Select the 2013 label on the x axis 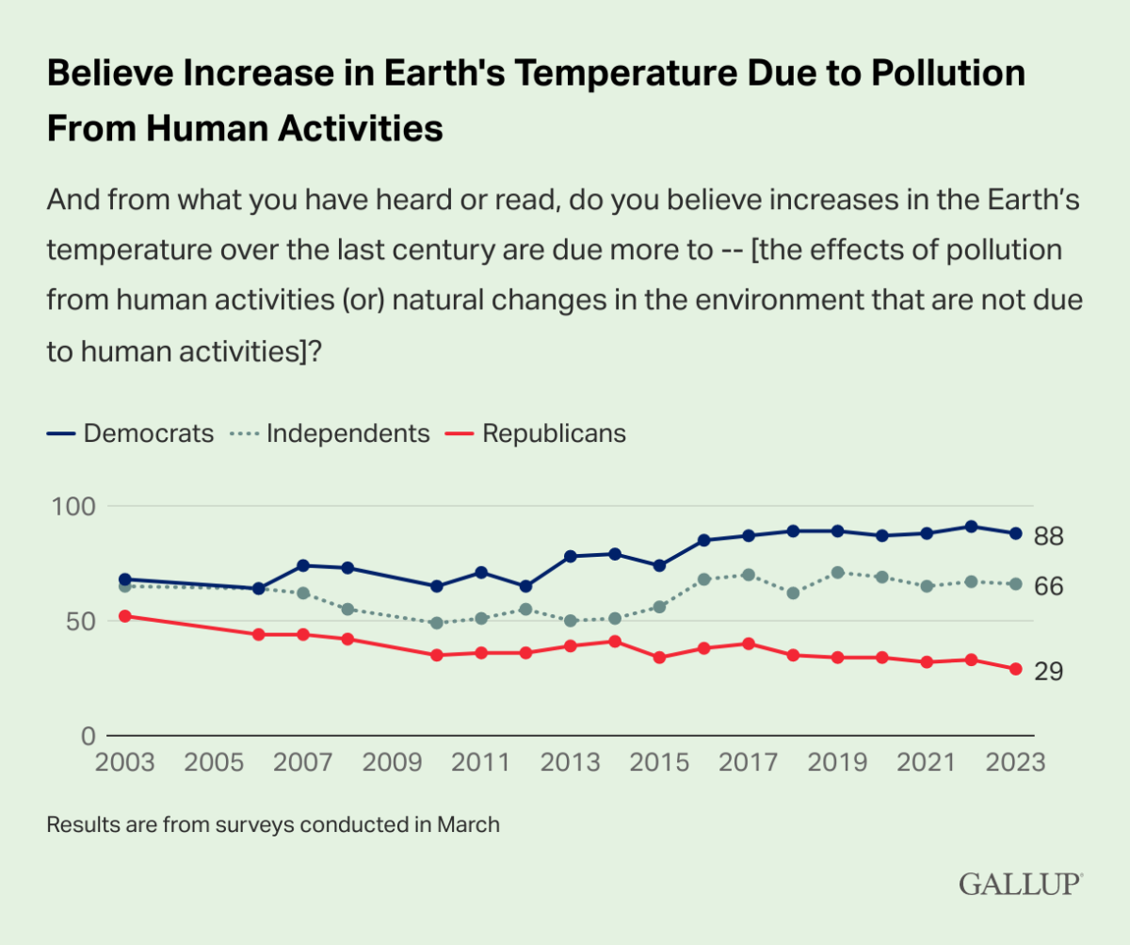pyautogui.click(x=570, y=761)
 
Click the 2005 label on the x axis pyautogui.click(x=214, y=761)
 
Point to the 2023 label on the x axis pyautogui.click(x=1013, y=761)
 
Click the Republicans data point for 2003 pyautogui.click(x=125, y=616)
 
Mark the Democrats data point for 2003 pyautogui.click(x=125, y=579)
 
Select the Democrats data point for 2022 pyautogui.click(x=971, y=527)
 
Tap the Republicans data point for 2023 pyautogui.click(x=1015, y=669)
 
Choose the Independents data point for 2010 pyautogui.click(x=436, y=623)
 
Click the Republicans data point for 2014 pyautogui.click(x=614, y=642)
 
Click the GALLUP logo pyautogui.click(x=1021, y=884)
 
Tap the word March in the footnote pyautogui.click(x=468, y=824)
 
